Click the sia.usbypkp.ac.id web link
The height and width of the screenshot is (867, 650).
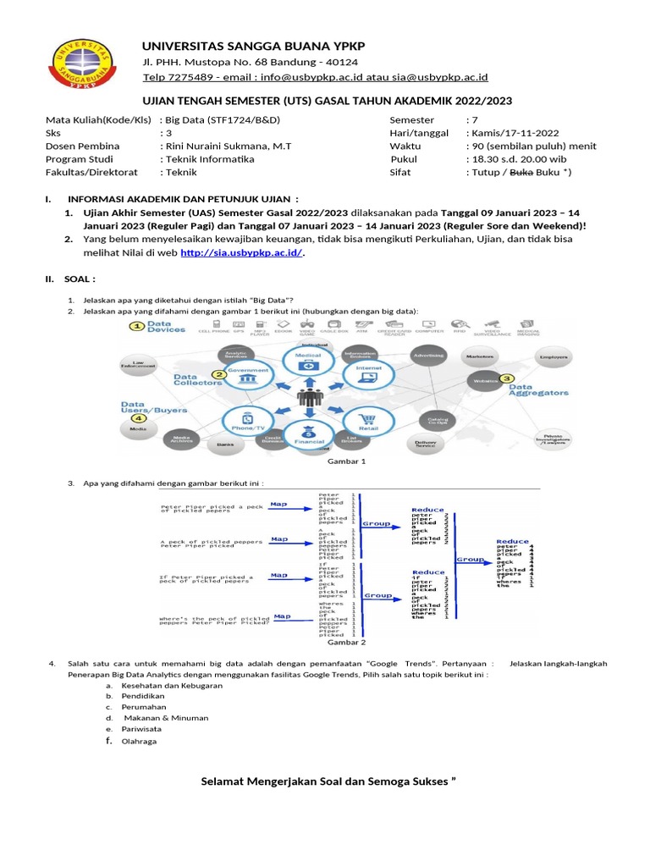[x=240, y=252]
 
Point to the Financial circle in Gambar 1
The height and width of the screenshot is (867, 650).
[x=309, y=433]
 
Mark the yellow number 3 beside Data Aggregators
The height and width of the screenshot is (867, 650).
[x=507, y=379]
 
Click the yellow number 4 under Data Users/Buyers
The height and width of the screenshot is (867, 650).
[x=138, y=417]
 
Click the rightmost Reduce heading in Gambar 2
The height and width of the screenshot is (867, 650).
[x=512, y=541]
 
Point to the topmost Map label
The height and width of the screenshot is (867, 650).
[x=278, y=504]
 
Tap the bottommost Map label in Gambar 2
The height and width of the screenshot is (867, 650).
[x=282, y=616]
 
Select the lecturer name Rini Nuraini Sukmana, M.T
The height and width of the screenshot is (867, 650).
[x=229, y=146]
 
